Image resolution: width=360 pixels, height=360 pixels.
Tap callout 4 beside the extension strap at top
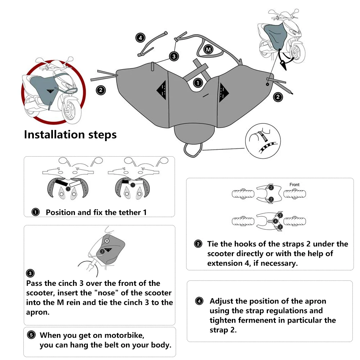pyautogui.click(x=140, y=37)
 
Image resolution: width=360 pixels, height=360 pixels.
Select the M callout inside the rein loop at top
pyautogui.click(x=208, y=49)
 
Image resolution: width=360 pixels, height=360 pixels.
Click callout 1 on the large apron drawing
pyautogui.click(x=197, y=83)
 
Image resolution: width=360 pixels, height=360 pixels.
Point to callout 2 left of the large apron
pyautogui.click(x=101, y=90)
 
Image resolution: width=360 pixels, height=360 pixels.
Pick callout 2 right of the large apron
pyautogui.click(x=278, y=96)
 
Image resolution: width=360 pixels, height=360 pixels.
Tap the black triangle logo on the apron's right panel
pyautogui.click(x=224, y=92)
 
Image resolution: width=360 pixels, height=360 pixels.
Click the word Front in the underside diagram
pyautogui.click(x=294, y=185)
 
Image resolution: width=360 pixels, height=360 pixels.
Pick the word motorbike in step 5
pyautogui.click(x=125, y=336)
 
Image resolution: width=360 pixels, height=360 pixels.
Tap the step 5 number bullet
pyautogui.click(x=31, y=335)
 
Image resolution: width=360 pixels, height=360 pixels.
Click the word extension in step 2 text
pyautogui.click(x=224, y=263)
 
